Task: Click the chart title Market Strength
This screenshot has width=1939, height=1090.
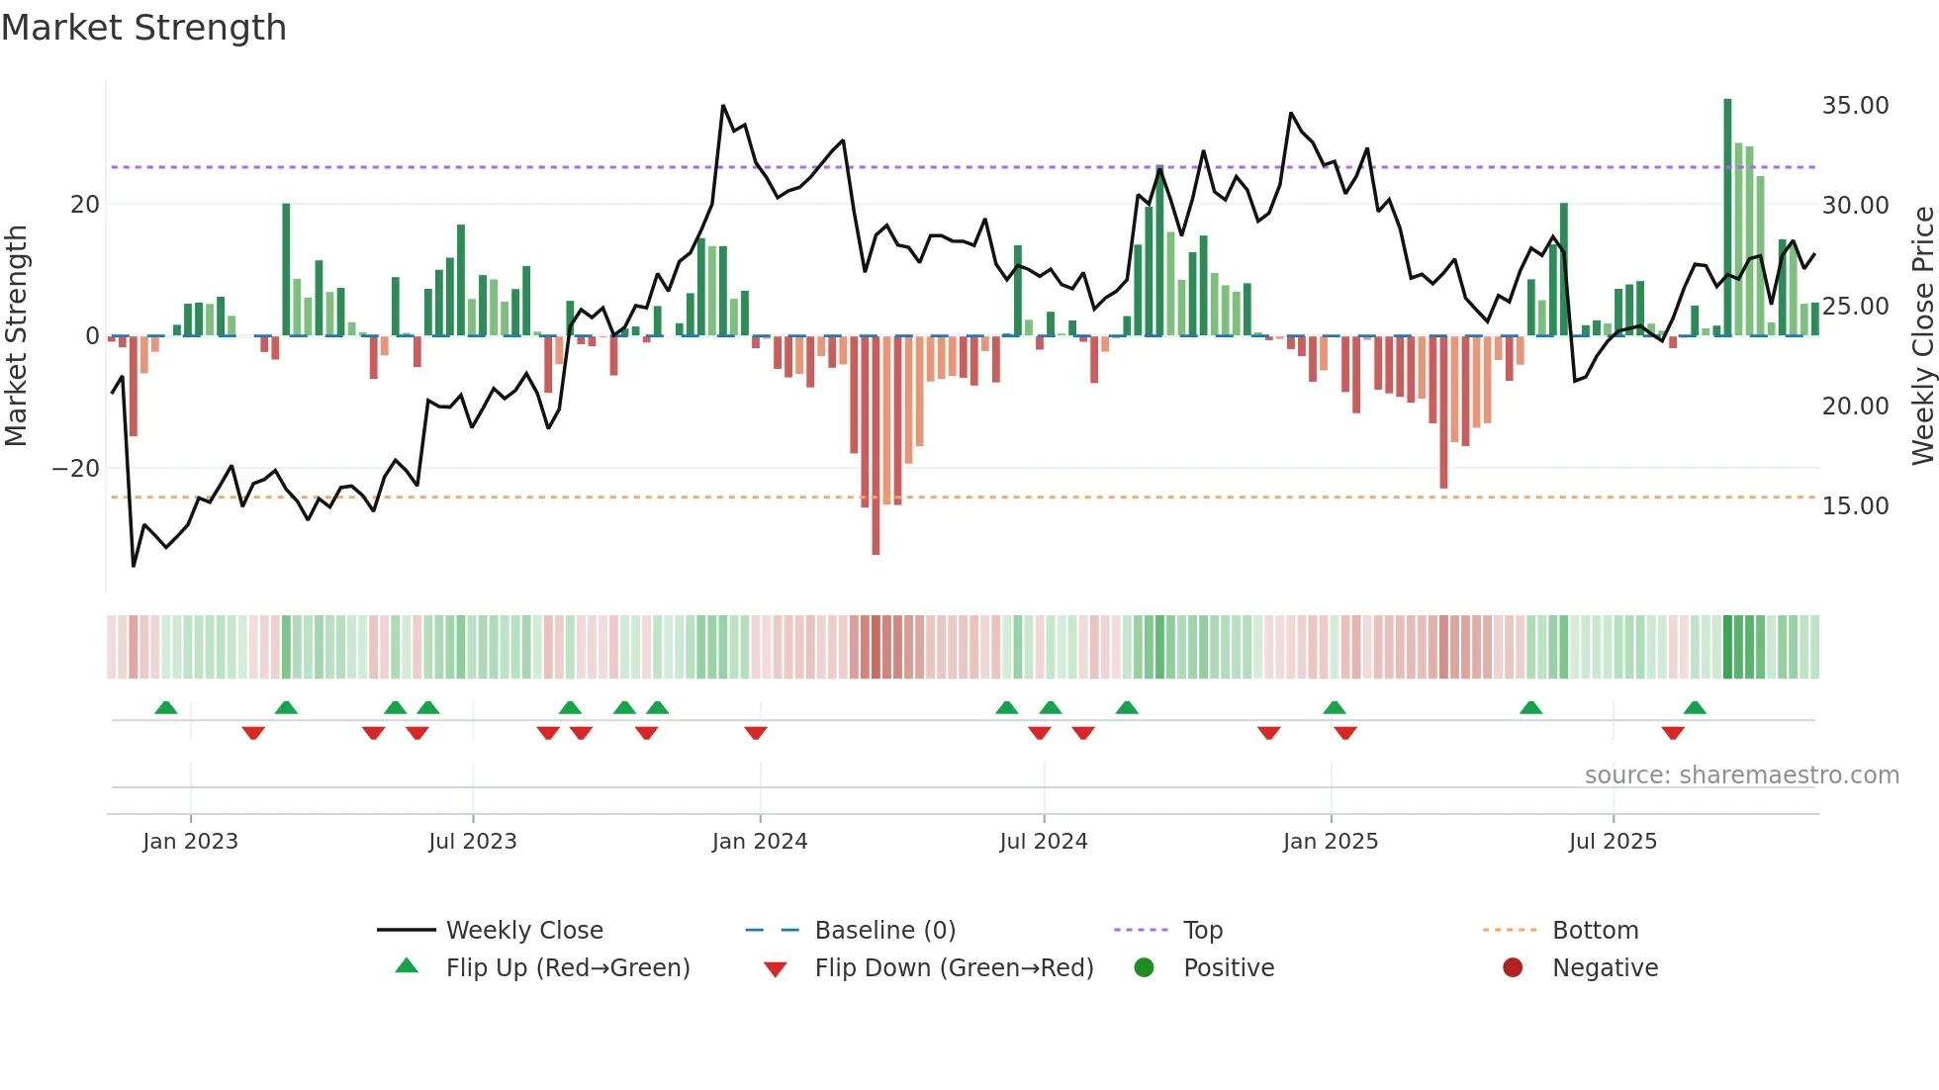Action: [143, 28]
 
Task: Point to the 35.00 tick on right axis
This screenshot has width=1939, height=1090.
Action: [1855, 106]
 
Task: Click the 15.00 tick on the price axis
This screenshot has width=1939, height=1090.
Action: [1855, 506]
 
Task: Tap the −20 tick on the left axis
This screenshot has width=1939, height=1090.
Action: [76, 469]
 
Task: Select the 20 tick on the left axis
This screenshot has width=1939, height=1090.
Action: [85, 205]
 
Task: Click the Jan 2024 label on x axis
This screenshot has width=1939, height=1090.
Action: [759, 842]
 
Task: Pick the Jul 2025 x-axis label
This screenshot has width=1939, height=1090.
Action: [1612, 842]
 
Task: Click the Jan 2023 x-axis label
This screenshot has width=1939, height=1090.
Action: [190, 842]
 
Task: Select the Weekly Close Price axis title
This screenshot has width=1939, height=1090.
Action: [1922, 336]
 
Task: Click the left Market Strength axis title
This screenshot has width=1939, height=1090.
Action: [17, 336]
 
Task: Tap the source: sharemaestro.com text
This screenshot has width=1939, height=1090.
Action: [1741, 775]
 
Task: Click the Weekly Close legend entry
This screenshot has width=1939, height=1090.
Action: [523, 931]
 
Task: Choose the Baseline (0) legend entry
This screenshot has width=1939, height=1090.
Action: [884, 931]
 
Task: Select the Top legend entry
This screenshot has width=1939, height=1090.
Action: [1202, 931]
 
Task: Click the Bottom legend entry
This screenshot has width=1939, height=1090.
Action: [1595, 931]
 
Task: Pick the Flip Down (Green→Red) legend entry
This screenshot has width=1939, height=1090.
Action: [954, 968]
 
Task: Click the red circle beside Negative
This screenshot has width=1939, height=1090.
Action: [1512, 968]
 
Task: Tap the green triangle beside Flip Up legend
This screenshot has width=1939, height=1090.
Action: [407, 966]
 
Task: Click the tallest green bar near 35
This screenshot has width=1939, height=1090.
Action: [1727, 218]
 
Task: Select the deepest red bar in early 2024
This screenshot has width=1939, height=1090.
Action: [876, 445]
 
